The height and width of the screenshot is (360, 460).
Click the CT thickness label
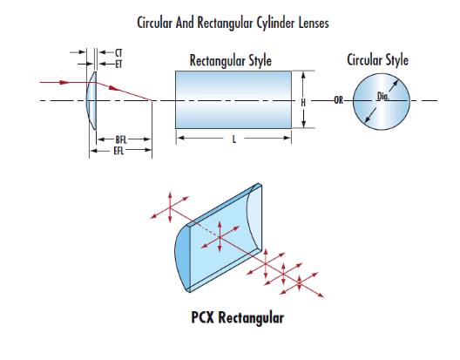118,53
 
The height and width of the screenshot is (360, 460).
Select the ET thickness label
118,64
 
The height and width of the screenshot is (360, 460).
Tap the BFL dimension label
121,139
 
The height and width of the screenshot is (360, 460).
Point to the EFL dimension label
118,151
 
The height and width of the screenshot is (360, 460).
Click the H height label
303,103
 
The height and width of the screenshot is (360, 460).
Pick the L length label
234,139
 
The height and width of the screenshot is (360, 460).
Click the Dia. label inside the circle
383,96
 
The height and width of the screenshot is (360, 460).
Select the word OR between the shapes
339,100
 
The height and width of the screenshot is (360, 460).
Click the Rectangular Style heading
231,61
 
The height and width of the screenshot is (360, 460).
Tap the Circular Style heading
377,59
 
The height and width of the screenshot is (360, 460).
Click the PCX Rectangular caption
238,317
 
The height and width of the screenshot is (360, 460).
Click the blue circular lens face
381,101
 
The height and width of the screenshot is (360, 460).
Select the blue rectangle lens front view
233,99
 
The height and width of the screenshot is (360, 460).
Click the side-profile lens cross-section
91,100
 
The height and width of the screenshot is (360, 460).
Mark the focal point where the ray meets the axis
152,100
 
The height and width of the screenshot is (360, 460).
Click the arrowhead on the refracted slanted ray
114,88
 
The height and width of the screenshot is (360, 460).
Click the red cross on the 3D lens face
220,237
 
